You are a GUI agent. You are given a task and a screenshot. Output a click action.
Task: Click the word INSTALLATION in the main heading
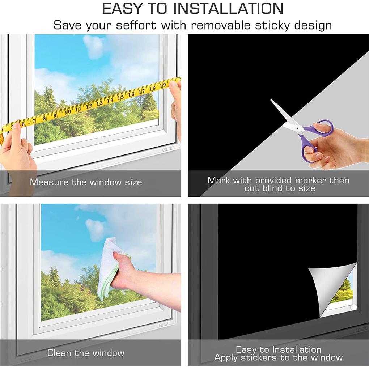[x=228, y=9]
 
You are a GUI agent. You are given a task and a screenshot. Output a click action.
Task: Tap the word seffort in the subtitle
[x=136, y=25]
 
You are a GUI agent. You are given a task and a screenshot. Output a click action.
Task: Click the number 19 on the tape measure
[x=163, y=85]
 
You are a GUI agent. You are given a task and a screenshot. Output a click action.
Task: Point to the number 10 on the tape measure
[x=68, y=111]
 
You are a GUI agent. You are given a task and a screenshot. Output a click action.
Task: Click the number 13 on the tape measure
[x=99, y=103]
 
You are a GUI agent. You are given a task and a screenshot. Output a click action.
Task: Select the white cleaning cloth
[x=111, y=268]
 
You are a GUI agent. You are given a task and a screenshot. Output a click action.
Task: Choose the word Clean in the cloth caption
[x=59, y=353]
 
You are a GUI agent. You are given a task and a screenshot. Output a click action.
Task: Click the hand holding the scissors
[x=336, y=147]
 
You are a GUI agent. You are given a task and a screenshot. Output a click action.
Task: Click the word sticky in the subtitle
[x=272, y=25]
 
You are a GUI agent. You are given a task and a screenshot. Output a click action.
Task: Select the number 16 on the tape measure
[x=131, y=94]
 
